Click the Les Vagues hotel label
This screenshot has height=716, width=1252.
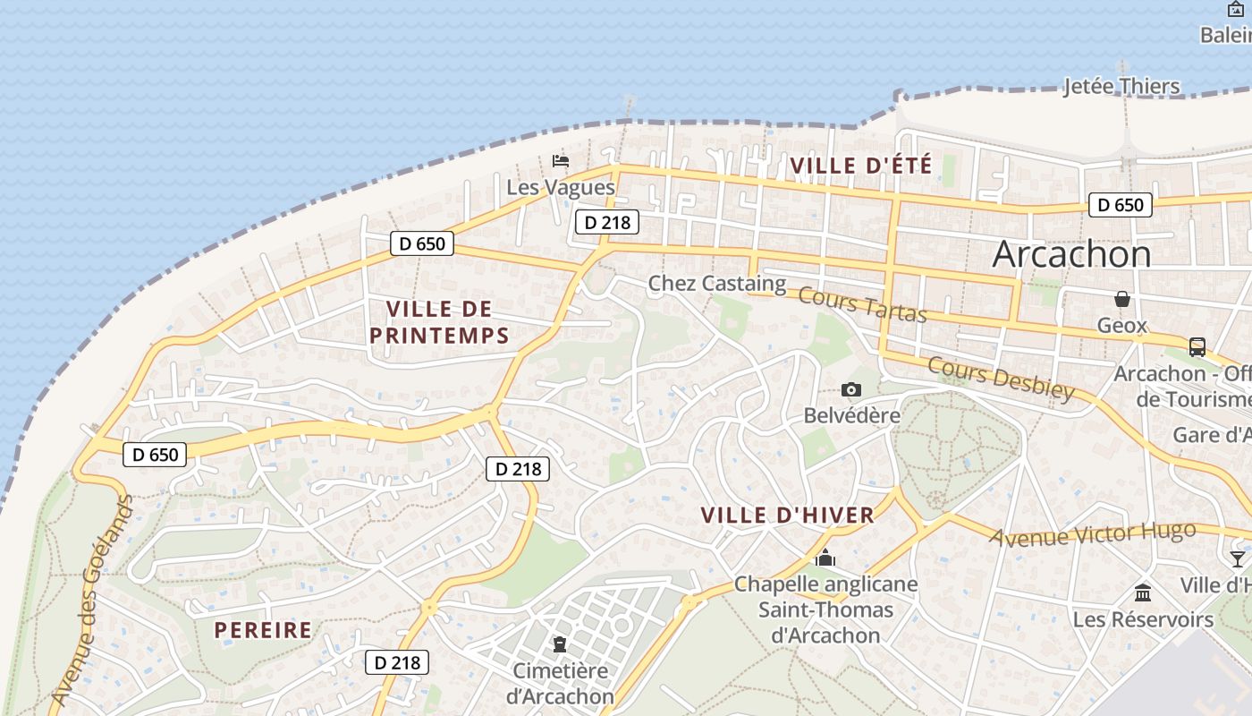(x=561, y=187)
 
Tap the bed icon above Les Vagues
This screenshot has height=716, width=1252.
(x=561, y=161)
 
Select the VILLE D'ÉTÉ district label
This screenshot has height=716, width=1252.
(x=861, y=166)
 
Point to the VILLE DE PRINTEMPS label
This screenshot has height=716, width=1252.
(x=439, y=322)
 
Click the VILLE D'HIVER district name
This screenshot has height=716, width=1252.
(x=787, y=516)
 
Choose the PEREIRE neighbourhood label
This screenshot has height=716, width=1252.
(x=263, y=630)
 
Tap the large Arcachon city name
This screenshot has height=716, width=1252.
(x=1071, y=254)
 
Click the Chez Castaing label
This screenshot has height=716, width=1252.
(x=716, y=284)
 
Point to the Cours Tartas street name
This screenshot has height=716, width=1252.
(x=861, y=304)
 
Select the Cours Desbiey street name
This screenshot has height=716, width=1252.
(x=1001, y=379)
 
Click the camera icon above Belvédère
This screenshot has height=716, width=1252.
(x=851, y=389)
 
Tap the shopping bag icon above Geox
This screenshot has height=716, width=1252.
(x=1121, y=299)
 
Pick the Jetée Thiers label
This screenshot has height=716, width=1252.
(x=1121, y=87)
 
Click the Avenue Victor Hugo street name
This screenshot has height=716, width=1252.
(x=1093, y=533)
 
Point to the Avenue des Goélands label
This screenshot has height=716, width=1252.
(x=93, y=600)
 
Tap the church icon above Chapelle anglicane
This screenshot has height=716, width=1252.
(x=825, y=558)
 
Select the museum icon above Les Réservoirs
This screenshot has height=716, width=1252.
(x=1143, y=592)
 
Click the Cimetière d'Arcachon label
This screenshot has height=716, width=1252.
(x=560, y=683)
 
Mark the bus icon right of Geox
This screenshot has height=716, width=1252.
(x=1197, y=347)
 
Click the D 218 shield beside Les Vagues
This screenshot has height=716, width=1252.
(x=607, y=223)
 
